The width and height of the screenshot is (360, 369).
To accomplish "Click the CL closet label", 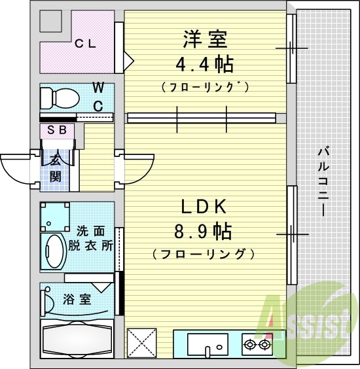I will (x=85, y=44).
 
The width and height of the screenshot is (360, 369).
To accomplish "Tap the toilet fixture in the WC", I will (x=58, y=99).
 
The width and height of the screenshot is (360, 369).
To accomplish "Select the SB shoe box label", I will (x=56, y=130).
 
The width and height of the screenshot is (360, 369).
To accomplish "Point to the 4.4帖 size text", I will (x=204, y=65).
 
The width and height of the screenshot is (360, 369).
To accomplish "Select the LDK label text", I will (x=204, y=207).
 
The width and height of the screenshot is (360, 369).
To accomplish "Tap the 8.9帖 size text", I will (x=204, y=232).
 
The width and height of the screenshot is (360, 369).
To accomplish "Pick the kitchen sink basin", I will (x=207, y=343).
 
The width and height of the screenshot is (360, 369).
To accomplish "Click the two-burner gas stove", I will (x=257, y=343).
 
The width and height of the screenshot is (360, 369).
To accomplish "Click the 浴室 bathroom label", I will (x=77, y=300).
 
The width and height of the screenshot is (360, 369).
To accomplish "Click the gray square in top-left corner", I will (x=51, y=22).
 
